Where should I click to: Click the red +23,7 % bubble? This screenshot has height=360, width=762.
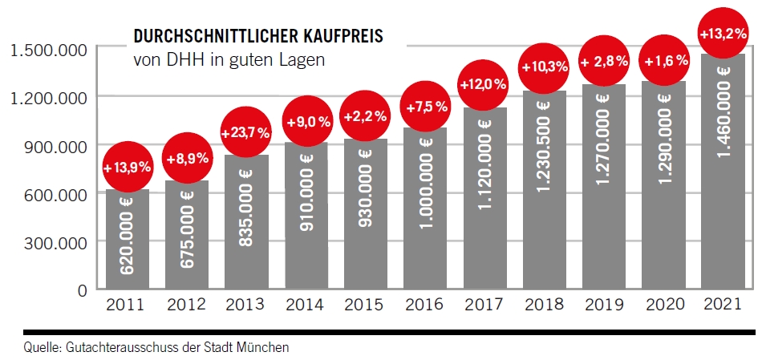pos(246,132)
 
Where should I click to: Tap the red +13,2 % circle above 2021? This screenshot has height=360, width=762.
pos(723,34)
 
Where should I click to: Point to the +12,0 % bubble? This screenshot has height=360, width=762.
pos(484,83)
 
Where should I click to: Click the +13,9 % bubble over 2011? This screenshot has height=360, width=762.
pos(128,168)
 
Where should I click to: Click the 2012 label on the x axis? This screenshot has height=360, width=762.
pos(186,305)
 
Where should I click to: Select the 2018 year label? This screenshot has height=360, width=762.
pos(545,305)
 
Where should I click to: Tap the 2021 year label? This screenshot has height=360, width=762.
pos(723,305)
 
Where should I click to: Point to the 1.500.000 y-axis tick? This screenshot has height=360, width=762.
pos(49,50)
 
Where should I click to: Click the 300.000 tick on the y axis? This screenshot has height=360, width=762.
pos(55,241)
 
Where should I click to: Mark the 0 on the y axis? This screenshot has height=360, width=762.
pos(82,289)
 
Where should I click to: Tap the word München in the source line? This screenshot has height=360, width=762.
pos(267,347)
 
